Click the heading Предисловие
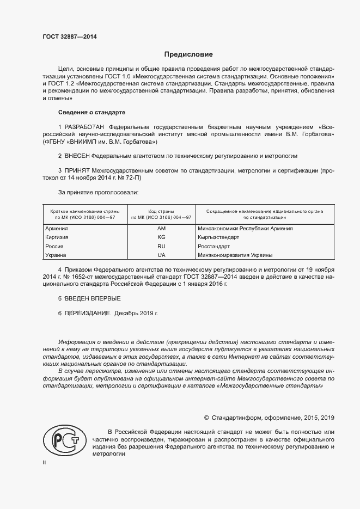pos(188,54)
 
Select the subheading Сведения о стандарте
pos(91,112)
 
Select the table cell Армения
pos(57,229)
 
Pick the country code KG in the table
pos(161,237)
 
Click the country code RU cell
pos(161,246)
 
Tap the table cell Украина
pos(56,255)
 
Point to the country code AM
pos(161,229)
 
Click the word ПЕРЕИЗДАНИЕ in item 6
pos(88,314)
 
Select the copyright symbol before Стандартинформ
pos(206,418)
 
